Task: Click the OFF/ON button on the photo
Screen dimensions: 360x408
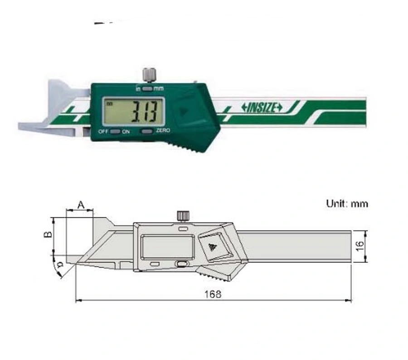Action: tap(115, 131)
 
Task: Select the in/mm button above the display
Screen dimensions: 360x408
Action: tap(147, 89)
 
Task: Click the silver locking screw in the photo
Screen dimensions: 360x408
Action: tap(147, 74)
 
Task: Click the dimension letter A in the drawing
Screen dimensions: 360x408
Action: tap(80, 205)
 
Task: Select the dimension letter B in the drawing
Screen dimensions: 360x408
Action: tap(46, 235)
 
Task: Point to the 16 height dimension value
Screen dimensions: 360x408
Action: tap(360, 246)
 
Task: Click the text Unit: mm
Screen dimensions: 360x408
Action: tap(347, 204)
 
